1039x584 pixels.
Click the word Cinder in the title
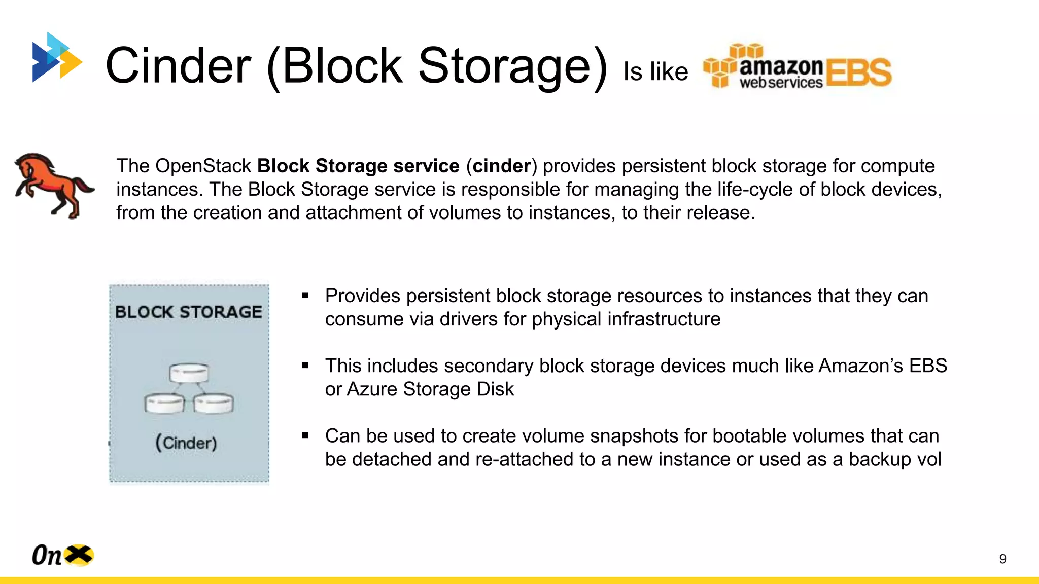[178, 66]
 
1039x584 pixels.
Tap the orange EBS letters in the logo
[858, 72]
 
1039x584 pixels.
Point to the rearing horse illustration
[53, 186]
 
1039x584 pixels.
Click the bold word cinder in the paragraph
[501, 166]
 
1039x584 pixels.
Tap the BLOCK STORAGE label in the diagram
[189, 312]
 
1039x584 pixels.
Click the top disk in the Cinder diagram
[189, 373]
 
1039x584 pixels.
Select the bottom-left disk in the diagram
[164, 404]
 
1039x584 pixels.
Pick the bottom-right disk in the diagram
[214, 404]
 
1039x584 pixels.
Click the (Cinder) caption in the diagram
[186, 443]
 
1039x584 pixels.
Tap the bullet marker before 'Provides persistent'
[305, 296]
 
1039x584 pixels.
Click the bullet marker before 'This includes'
[305, 366]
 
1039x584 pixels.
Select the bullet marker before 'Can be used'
[305, 435]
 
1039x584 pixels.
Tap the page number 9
[1002, 559]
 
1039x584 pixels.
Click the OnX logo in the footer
[62, 555]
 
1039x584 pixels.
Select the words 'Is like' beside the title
[655, 71]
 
